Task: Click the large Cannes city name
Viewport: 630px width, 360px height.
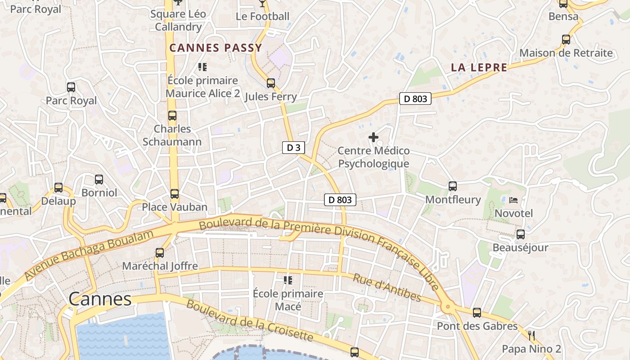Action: point(100,299)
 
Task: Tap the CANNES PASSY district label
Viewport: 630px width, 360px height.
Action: point(216,48)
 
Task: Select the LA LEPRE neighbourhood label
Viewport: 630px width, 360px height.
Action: point(479,68)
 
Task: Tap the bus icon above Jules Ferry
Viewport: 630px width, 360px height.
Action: point(271,83)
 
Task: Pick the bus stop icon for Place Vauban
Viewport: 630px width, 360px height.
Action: point(175,194)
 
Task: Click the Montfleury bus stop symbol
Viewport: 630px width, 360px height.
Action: point(453,186)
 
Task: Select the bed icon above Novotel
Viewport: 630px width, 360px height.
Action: point(513,200)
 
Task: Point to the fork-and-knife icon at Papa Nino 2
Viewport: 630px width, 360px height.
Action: point(531,335)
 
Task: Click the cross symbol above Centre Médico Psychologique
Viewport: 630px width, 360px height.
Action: point(373,137)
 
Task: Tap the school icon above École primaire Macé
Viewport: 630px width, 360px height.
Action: point(288,280)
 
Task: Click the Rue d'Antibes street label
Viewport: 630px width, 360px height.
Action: point(387,288)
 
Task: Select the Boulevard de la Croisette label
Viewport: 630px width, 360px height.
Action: point(249,321)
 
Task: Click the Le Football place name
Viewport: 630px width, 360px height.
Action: point(262,17)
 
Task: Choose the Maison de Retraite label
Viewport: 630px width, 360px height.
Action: point(566,53)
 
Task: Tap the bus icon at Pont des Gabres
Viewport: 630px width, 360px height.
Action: point(477,313)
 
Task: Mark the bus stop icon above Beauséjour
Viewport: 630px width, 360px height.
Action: point(521,234)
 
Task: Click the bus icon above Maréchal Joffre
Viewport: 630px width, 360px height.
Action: point(160,253)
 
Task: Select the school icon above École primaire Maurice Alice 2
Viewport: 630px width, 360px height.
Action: point(202,67)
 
